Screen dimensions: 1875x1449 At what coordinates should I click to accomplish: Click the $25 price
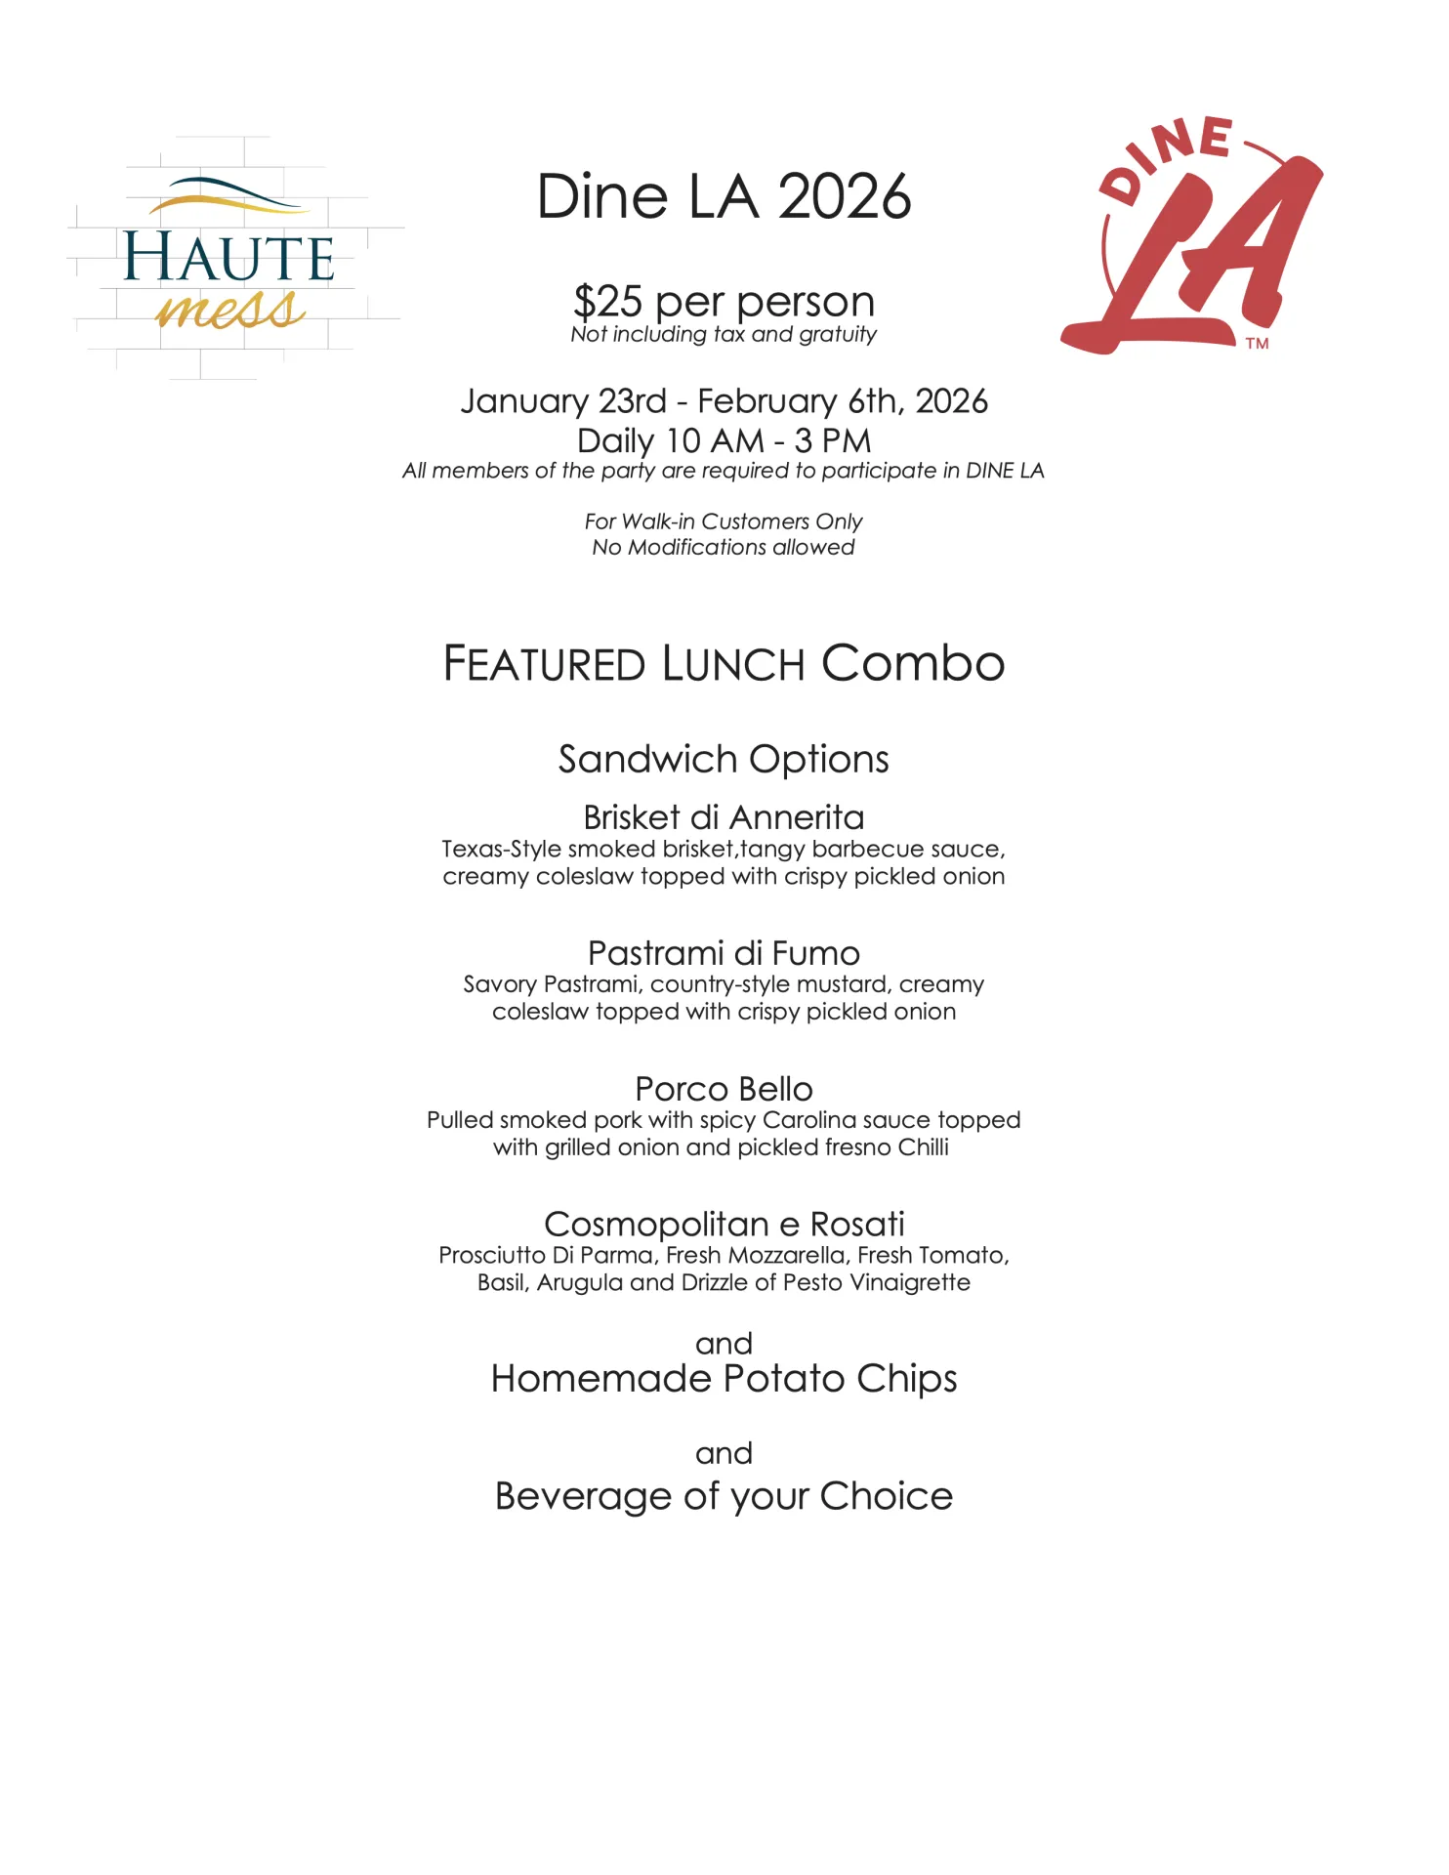[x=607, y=302]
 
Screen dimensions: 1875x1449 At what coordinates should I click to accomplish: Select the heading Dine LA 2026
[x=724, y=197]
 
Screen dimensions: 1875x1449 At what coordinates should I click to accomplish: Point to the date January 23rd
[x=563, y=401]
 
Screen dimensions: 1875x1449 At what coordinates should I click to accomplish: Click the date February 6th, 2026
[x=843, y=401]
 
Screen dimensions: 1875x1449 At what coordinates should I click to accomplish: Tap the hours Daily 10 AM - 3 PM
[x=724, y=440]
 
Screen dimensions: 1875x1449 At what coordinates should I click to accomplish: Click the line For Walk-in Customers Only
[x=724, y=521]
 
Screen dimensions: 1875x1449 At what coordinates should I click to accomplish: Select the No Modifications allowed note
[x=724, y=547]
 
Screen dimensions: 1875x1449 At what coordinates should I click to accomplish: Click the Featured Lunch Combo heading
[x=724, y=664]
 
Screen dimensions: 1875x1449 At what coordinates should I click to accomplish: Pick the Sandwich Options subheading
[x=724, y=760]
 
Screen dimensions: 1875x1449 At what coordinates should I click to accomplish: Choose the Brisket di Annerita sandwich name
[x=724, y=817]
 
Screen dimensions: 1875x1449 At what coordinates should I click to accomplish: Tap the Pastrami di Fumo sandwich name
[x=724, y=953]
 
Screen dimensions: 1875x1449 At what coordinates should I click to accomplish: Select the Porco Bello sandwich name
[x=724, y=1089]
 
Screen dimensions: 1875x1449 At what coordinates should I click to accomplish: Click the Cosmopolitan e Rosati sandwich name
[x=724, y=1225]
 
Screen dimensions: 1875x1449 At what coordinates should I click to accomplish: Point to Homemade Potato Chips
[x=724, y=1379]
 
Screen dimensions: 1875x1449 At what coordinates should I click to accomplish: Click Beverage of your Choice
[x=724, y=1496]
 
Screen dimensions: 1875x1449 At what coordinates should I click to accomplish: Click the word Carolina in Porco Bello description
[x=809, y=1120]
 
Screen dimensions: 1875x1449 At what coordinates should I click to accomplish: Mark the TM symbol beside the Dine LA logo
[x=1257, y=344]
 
